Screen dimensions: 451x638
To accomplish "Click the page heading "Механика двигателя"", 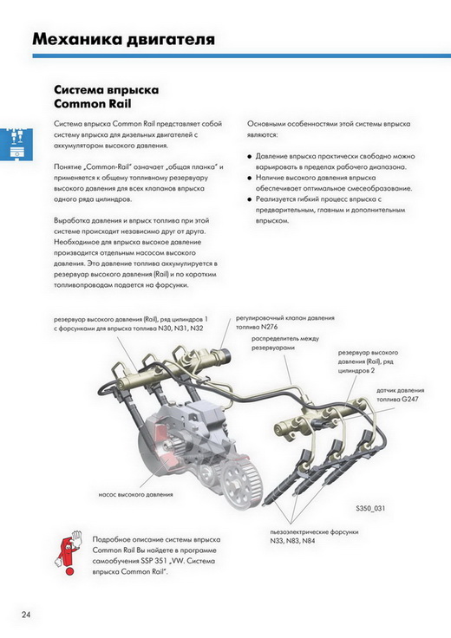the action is click(123, 40).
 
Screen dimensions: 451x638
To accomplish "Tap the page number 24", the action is click(26, 615).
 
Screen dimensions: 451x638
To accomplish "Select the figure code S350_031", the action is click(370, 508).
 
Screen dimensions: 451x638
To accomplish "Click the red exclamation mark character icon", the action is click(68, 552).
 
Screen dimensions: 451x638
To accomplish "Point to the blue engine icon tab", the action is click(16, 145).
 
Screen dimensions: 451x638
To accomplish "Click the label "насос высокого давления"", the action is click(135, 495).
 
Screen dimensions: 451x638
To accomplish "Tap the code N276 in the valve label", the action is click(270, 327).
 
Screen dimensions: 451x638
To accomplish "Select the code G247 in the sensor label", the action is click(410, 399).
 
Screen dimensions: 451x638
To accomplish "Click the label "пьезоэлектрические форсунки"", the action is click(314, 532).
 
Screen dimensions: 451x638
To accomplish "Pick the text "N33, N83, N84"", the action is click(292, 541).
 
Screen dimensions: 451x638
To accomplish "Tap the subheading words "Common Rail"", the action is click(93, 104).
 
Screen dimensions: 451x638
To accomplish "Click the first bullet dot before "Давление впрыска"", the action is click(250, 157).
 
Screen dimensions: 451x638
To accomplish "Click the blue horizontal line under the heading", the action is click(242, 55).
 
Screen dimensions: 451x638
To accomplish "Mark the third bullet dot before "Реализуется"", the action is click(250, 199).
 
